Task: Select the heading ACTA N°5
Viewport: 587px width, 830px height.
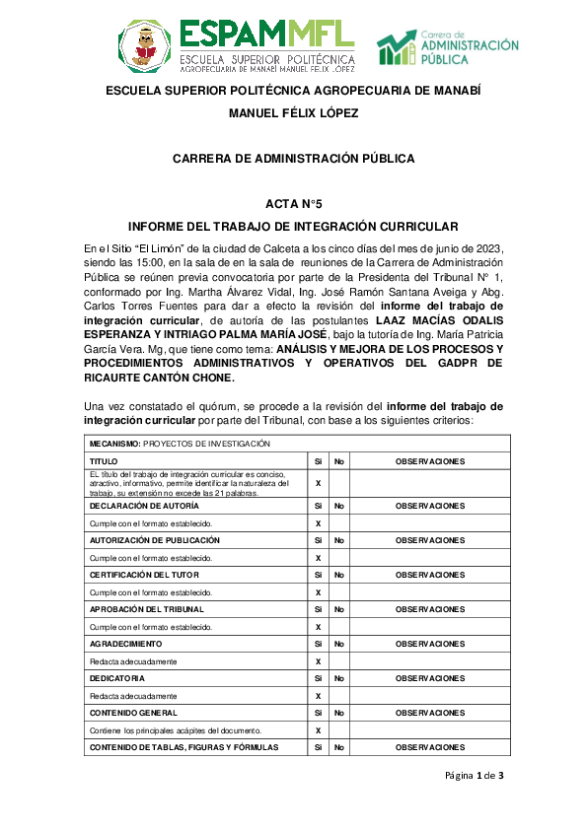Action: [x=293, y=204]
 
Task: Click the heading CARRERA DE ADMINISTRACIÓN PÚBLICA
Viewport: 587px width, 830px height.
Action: [x=293, y=158]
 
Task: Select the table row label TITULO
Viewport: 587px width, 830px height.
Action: [x=104, y=461]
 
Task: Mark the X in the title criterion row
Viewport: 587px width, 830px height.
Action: [x=318, y=484]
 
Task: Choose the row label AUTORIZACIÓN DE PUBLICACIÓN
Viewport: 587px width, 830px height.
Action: [x=149, y=540]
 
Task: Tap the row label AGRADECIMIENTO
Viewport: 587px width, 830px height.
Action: [x=124, y=644]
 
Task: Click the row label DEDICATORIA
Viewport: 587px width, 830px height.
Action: [x=117, y=678]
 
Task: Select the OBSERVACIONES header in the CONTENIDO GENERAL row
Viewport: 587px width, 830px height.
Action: [x=429, y=713]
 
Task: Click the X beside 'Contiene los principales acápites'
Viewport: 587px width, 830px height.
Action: [x=318, y=730]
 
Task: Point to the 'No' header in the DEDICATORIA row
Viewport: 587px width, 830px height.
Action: [x=338, y=678]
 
